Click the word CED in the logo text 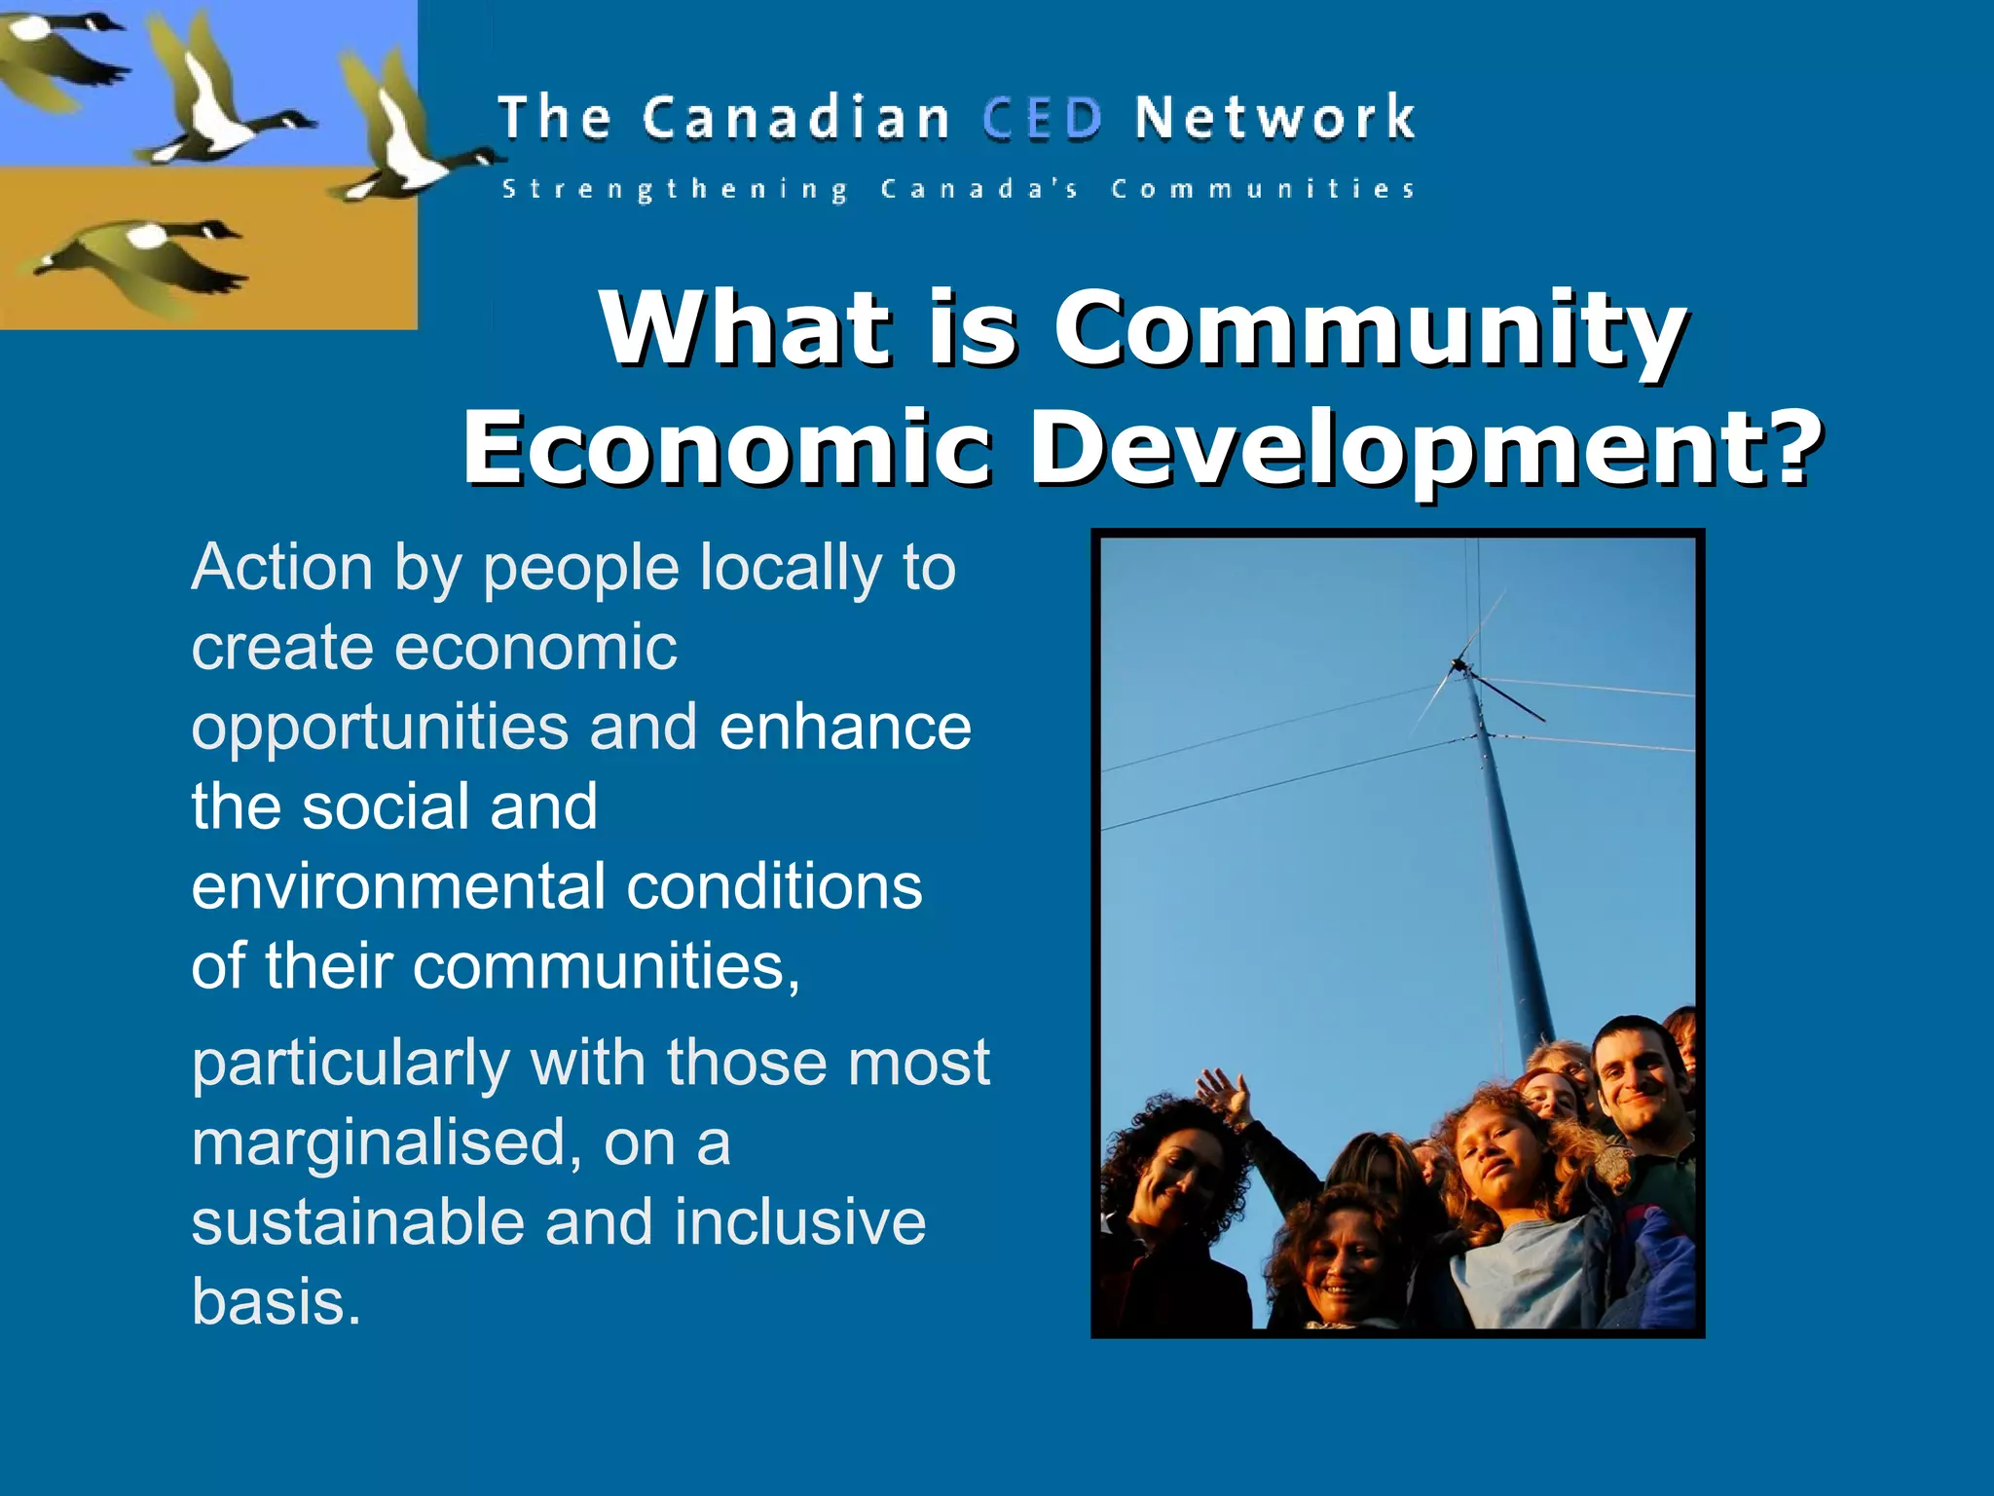(x=1042, y=119)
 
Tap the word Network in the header (x=1274, y=119)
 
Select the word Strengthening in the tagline (x=675, y=189)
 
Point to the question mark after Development (x=1790, y=446)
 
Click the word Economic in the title (x=726, y=446)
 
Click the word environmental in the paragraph (x=397, y=886)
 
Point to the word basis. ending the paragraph (x=277, y=1301)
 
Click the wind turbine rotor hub (x=1459, y=666)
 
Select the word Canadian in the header (x=795, y=119)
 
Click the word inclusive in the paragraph (x=800, y=1221)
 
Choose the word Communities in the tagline (x=1263, y=189)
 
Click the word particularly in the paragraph (x=351, y=1064)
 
